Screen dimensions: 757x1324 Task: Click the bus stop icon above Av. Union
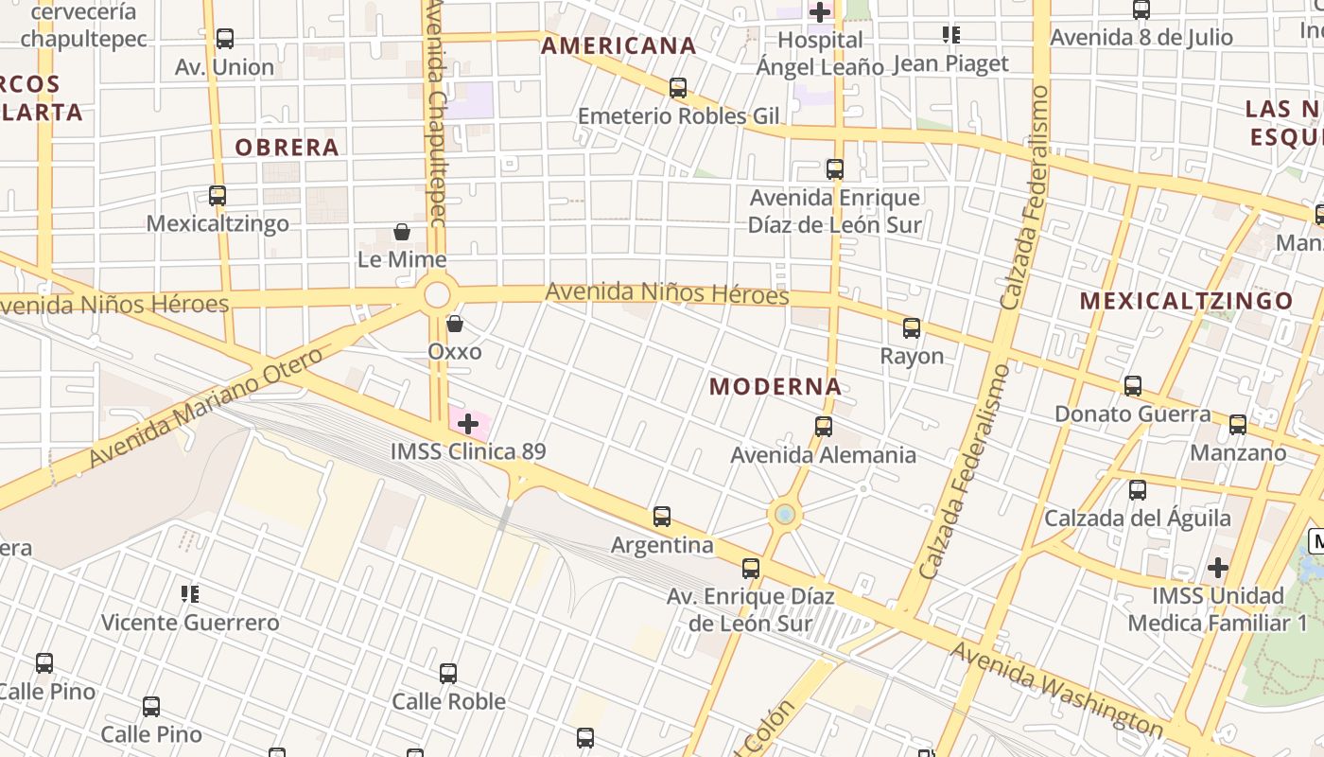click(225, 39)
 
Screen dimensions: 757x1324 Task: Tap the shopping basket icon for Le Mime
click(402, 232)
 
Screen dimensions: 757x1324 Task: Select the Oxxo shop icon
click(455, 324)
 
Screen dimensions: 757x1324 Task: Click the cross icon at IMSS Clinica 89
click(467, 424)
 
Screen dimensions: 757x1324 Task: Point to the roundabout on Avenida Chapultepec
click(437, 294)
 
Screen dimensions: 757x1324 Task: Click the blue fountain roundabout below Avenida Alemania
click(784, 515)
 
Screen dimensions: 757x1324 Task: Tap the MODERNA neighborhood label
click(775, 386)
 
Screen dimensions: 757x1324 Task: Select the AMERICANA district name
click(618, 45)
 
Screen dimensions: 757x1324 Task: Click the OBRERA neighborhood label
click(287, 147)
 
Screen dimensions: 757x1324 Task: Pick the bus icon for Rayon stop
click(912, 328)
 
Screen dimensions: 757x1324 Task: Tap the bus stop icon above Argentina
click(662, 517)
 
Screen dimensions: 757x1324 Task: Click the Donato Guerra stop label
click(1132, 414)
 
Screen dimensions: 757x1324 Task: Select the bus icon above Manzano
click(1238, 424)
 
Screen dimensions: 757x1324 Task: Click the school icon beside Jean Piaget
click(951, 36)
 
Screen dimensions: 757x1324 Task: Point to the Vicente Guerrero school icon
click(190, 594)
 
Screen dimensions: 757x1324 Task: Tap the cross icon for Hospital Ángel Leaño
click(820, 12)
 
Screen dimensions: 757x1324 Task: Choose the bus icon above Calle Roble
click(448, 674)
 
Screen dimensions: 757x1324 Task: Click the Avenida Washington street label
click(1056, 689)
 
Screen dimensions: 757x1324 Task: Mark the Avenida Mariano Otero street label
click(205, 408)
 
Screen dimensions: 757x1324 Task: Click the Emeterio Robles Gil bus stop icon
click(678, 88)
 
